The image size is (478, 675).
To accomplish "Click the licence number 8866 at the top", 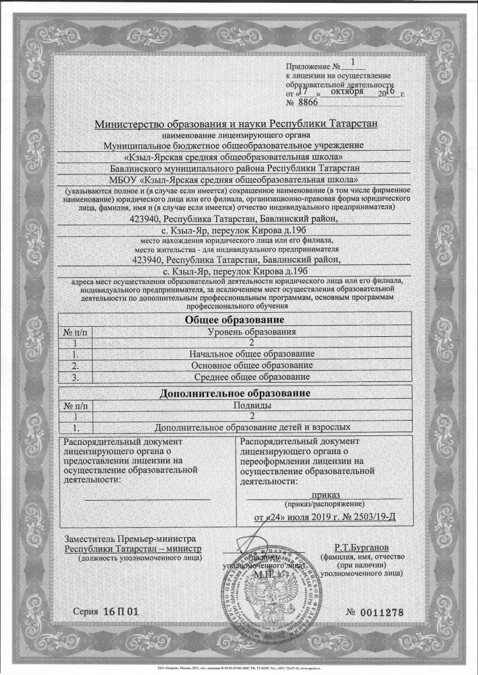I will coord(308,102).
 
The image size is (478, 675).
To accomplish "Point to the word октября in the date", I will coord(347,91).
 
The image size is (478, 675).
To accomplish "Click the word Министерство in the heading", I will coord(131,124).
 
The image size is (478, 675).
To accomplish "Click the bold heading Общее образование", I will coord(234,320).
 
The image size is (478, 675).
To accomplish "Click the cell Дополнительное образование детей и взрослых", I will coord(248,427).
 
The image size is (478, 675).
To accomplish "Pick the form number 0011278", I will coord(381,612).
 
